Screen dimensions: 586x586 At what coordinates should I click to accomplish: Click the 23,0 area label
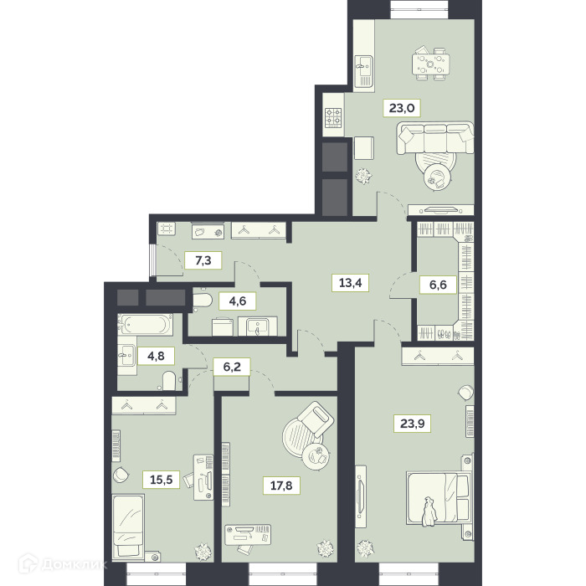[402, 108]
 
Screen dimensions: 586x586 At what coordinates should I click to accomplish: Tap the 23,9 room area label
[412, 424]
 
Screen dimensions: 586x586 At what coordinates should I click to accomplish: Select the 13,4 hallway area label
[350, 283]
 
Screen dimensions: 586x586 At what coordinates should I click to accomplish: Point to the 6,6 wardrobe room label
[438, 285]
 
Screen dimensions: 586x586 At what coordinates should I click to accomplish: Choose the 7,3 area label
[203, 260]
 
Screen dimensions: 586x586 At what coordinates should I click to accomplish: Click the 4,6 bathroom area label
[238, 301]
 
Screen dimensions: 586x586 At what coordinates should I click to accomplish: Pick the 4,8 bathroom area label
[157, 356]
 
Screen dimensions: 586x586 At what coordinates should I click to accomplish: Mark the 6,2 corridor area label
[232, 367]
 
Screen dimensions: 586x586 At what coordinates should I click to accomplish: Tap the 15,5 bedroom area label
[161, 479]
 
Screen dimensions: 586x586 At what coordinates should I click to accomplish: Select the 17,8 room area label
[281, 486]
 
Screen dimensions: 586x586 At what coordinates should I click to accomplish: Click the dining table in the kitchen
[431, 64]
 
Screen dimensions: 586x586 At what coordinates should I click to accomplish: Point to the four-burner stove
[333, 117]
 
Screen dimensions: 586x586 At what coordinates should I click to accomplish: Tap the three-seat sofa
[435, 137]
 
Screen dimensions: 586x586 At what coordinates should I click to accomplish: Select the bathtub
[145, 325]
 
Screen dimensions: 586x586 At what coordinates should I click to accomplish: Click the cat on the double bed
[429, 511]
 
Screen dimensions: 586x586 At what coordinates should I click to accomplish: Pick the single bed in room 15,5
[128, 527]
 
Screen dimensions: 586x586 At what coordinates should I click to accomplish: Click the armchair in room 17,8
[316, 419]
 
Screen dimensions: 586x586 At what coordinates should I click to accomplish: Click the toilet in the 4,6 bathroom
[203, 300]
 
